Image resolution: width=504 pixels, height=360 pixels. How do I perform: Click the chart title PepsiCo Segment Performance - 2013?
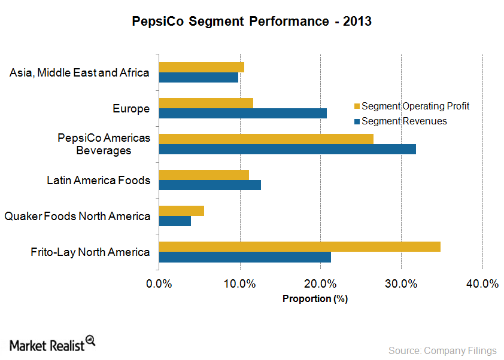coord(251,22)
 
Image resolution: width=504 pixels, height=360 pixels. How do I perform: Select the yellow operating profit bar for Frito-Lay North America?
coord(299,246)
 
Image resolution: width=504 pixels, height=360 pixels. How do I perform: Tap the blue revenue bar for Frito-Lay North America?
coord(245,257)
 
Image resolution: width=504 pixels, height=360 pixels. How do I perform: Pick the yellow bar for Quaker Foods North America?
coord(181,210)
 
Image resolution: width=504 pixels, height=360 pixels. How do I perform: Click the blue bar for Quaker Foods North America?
coord(175,221)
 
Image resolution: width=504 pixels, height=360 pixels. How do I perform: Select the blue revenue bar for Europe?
coord(242,113)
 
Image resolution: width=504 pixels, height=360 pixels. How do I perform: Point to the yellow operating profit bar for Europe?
coord(206,103)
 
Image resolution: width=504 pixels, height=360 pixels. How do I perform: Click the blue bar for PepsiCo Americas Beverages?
coord(287,149)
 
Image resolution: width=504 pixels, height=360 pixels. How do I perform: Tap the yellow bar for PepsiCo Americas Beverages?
coord(266,139)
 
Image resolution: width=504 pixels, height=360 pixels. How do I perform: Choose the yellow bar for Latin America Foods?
coord(204,175)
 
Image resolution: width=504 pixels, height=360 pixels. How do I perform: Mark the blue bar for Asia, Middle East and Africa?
coord(198,77)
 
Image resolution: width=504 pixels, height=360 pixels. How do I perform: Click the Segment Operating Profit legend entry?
coord(412,106)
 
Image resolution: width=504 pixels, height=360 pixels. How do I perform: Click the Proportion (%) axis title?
coord(315,298)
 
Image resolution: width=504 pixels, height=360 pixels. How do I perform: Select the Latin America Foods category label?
coord(99,180)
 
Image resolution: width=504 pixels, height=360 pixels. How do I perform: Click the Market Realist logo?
coord(53,344)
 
